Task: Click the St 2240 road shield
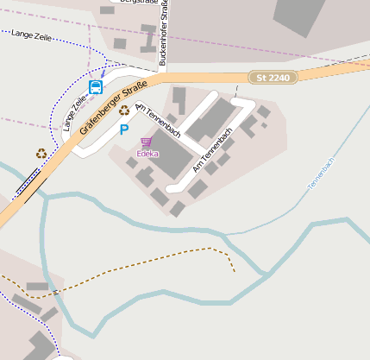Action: (x=273, y=78)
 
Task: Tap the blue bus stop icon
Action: (x=96, y=87)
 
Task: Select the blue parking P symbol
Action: (x=124, y=129)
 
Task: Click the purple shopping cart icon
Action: (x=147, y=142)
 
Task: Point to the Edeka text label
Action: (x=147, y=154)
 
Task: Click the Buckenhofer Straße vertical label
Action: (x=162, y=33)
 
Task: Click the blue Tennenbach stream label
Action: (x=320, y=173)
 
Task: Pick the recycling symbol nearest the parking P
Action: (x=124, y=111)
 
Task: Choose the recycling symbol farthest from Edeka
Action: (x=41, y=153)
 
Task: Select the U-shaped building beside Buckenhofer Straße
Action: (x=150, y=40)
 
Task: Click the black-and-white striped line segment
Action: (x=27, y=184)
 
